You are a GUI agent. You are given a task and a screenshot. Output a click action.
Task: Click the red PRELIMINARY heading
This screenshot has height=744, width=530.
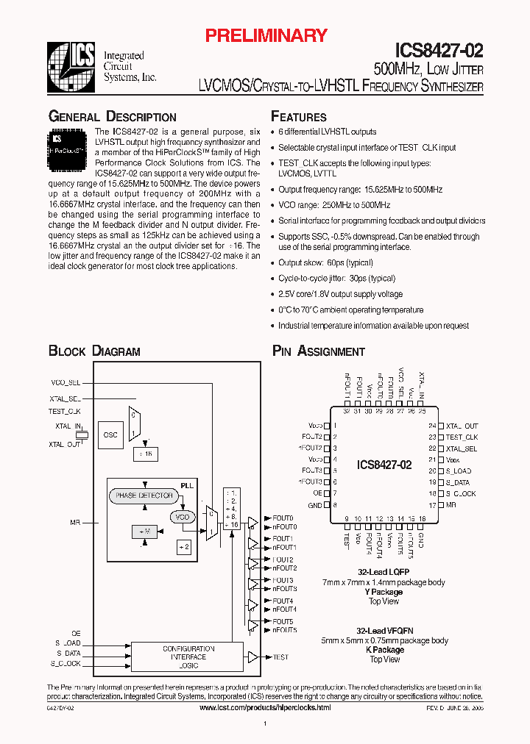point(265,35)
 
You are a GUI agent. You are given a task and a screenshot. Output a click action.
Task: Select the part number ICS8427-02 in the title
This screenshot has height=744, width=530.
point(439,51)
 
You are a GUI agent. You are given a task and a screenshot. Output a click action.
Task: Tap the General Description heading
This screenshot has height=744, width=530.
point(112,117)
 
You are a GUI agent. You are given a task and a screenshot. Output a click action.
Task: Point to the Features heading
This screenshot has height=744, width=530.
point(299,117)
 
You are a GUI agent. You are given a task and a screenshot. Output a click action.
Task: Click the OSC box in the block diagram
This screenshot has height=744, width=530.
point(110,434)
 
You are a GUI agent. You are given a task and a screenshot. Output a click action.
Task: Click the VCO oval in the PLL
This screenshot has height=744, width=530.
point(182,518)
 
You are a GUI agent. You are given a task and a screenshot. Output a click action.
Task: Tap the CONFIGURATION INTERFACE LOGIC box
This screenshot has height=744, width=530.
point(188,657)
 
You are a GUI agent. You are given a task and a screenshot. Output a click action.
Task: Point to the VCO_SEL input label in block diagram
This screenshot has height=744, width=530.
point(66,383)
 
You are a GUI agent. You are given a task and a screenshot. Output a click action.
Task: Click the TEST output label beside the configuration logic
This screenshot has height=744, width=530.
point(280,657)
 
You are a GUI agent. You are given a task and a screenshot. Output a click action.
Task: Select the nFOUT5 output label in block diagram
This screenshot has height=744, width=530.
point(284,630)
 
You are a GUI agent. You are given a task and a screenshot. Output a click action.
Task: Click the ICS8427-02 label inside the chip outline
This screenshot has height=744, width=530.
point(384,465)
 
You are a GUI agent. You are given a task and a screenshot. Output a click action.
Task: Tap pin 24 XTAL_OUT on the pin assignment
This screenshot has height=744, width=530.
point(461,426)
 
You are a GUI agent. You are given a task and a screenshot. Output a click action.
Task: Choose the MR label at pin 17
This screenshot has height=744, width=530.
point(451,505)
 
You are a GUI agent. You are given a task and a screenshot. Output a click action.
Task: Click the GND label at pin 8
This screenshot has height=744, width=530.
point(315,505)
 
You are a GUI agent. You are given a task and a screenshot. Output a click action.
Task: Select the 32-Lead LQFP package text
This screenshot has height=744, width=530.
point(383,572)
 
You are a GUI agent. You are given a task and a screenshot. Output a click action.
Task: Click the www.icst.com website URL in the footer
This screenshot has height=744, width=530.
point(265,707)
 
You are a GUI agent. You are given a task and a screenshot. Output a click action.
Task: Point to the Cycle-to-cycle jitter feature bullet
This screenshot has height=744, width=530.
point(336,279)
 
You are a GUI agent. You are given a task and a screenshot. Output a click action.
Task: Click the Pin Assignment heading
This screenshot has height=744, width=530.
point(319,351)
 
